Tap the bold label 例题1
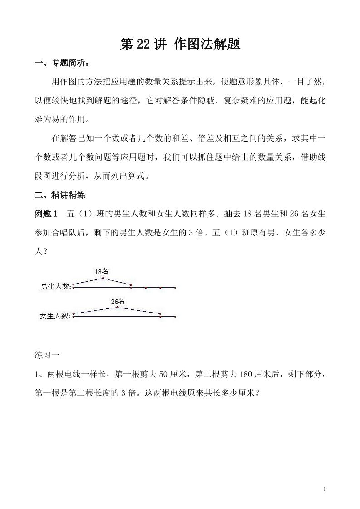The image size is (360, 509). point(47,214)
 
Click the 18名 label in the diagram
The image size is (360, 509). point(101,272)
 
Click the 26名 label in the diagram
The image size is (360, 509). point(118,301)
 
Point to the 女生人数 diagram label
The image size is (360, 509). point(55,316)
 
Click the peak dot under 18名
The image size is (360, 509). point(103,278)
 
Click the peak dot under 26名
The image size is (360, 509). point(118,307)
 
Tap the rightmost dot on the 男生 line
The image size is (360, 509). point(175,287)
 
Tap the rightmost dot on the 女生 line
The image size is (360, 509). point(175,316)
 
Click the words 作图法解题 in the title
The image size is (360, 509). point(207,44)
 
